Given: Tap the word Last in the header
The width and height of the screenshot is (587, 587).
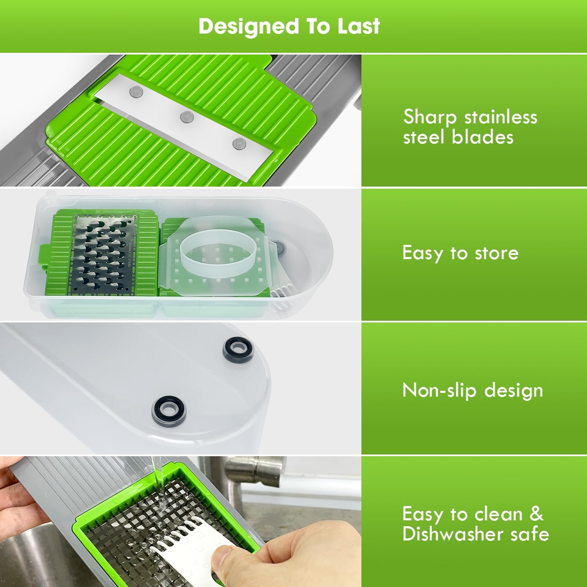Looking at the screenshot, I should (358, 26).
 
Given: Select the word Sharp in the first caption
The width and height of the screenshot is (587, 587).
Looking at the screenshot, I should (429, 118).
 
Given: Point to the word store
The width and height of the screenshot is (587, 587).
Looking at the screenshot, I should (496, 253).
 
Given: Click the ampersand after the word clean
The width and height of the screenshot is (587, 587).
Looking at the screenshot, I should (536, 514).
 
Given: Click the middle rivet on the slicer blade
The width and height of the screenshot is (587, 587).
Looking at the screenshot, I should (186, 117).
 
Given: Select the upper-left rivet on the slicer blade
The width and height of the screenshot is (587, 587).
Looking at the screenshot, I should (135, 90).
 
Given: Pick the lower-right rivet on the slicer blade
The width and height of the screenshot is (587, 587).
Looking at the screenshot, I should (239, 143).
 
